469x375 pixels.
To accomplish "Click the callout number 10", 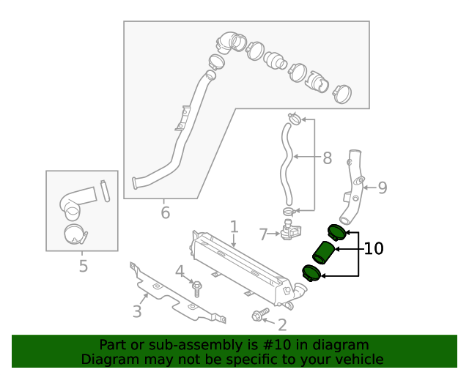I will click(x=374, y=249).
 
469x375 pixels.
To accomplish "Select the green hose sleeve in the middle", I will click(x=322, y=251).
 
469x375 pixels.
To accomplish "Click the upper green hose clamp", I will click(x=337, y=231).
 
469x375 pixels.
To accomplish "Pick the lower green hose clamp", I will click(x=311, y=272).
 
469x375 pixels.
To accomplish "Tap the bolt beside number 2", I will click(x=258, y=316).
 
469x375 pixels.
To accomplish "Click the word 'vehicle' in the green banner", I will click(x=357, y=359).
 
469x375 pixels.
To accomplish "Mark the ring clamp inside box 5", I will click(x=75, y=234).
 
